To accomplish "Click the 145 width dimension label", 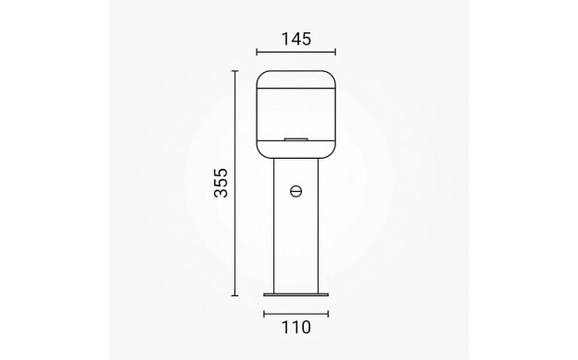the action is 296,39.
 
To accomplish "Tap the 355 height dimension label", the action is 222,183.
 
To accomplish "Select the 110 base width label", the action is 296,327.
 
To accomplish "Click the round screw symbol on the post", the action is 296,191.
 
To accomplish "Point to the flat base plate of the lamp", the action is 296,294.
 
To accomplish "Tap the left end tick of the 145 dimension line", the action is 257,52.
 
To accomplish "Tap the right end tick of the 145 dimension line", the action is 335,52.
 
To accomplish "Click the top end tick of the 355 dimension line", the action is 235,71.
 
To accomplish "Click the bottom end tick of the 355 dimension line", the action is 235,295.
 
